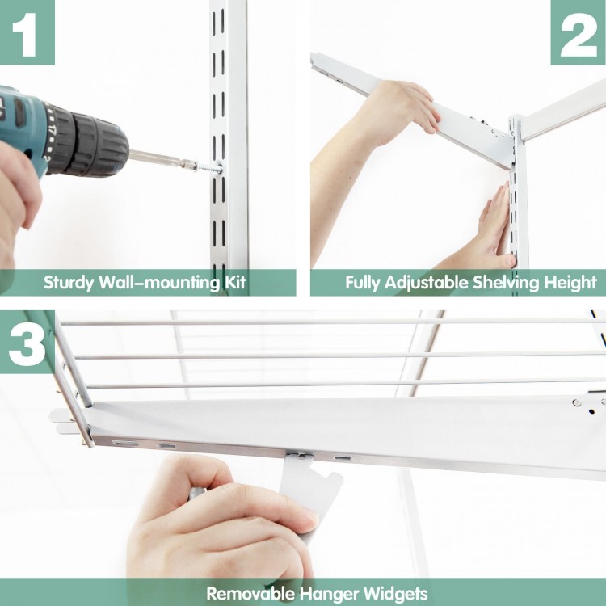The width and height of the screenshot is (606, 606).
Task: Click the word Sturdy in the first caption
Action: pos(70,283)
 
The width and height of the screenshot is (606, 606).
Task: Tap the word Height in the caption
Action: pos(572,283)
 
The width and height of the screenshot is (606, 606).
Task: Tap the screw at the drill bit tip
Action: pos(208,168)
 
